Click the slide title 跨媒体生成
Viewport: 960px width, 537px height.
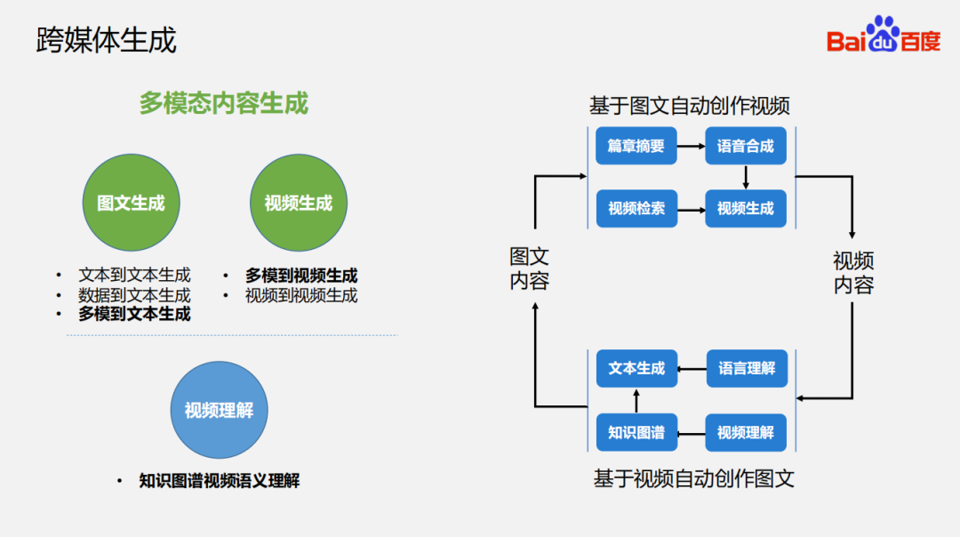click(106, 40)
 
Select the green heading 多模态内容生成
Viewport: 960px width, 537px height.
click(223, 103)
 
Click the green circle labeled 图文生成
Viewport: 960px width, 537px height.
click(131, 203)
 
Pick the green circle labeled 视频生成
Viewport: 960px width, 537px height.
click(298, 203)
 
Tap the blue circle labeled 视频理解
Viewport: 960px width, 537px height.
click(219, 410)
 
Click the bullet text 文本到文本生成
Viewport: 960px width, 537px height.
click(134, 275)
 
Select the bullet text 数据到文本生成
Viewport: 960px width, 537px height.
click(134, 294)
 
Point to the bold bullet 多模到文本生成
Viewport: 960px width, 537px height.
click(134, 314)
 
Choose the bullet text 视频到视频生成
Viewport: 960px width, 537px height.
click(301, 295)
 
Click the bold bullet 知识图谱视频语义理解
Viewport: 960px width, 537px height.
click(219, 481)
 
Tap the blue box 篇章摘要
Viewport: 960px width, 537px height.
click(636, 146)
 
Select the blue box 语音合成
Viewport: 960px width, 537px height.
click(746, 146)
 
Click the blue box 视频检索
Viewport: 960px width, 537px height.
click(636, 209)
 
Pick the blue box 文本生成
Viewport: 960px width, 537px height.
click(636, 368)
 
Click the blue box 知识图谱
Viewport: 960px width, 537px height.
click(636, 433)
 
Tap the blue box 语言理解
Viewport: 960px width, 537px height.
click(746, 368)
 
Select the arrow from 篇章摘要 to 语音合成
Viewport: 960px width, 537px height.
click(691, 146)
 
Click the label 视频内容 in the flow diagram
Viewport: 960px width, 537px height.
click(853, 272)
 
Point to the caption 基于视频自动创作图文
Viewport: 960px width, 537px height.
click(693, 478)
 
